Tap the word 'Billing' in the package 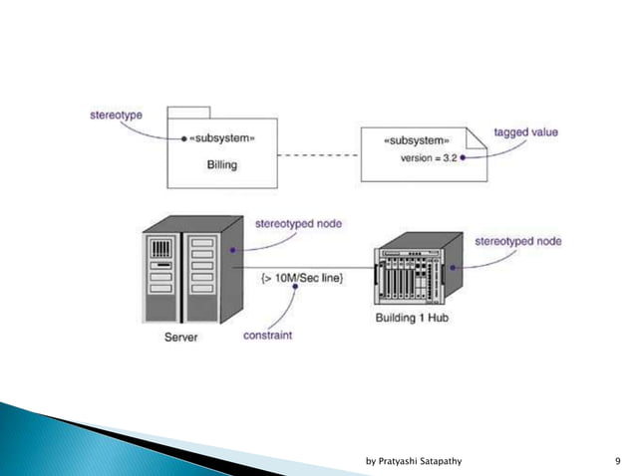tap(220, 164)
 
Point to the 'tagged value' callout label tap(525, 132)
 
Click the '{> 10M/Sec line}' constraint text tap(302, 276)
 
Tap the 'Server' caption tap(180, 338)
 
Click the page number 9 tap(618, 460)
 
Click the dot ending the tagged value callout tap(463, 157)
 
